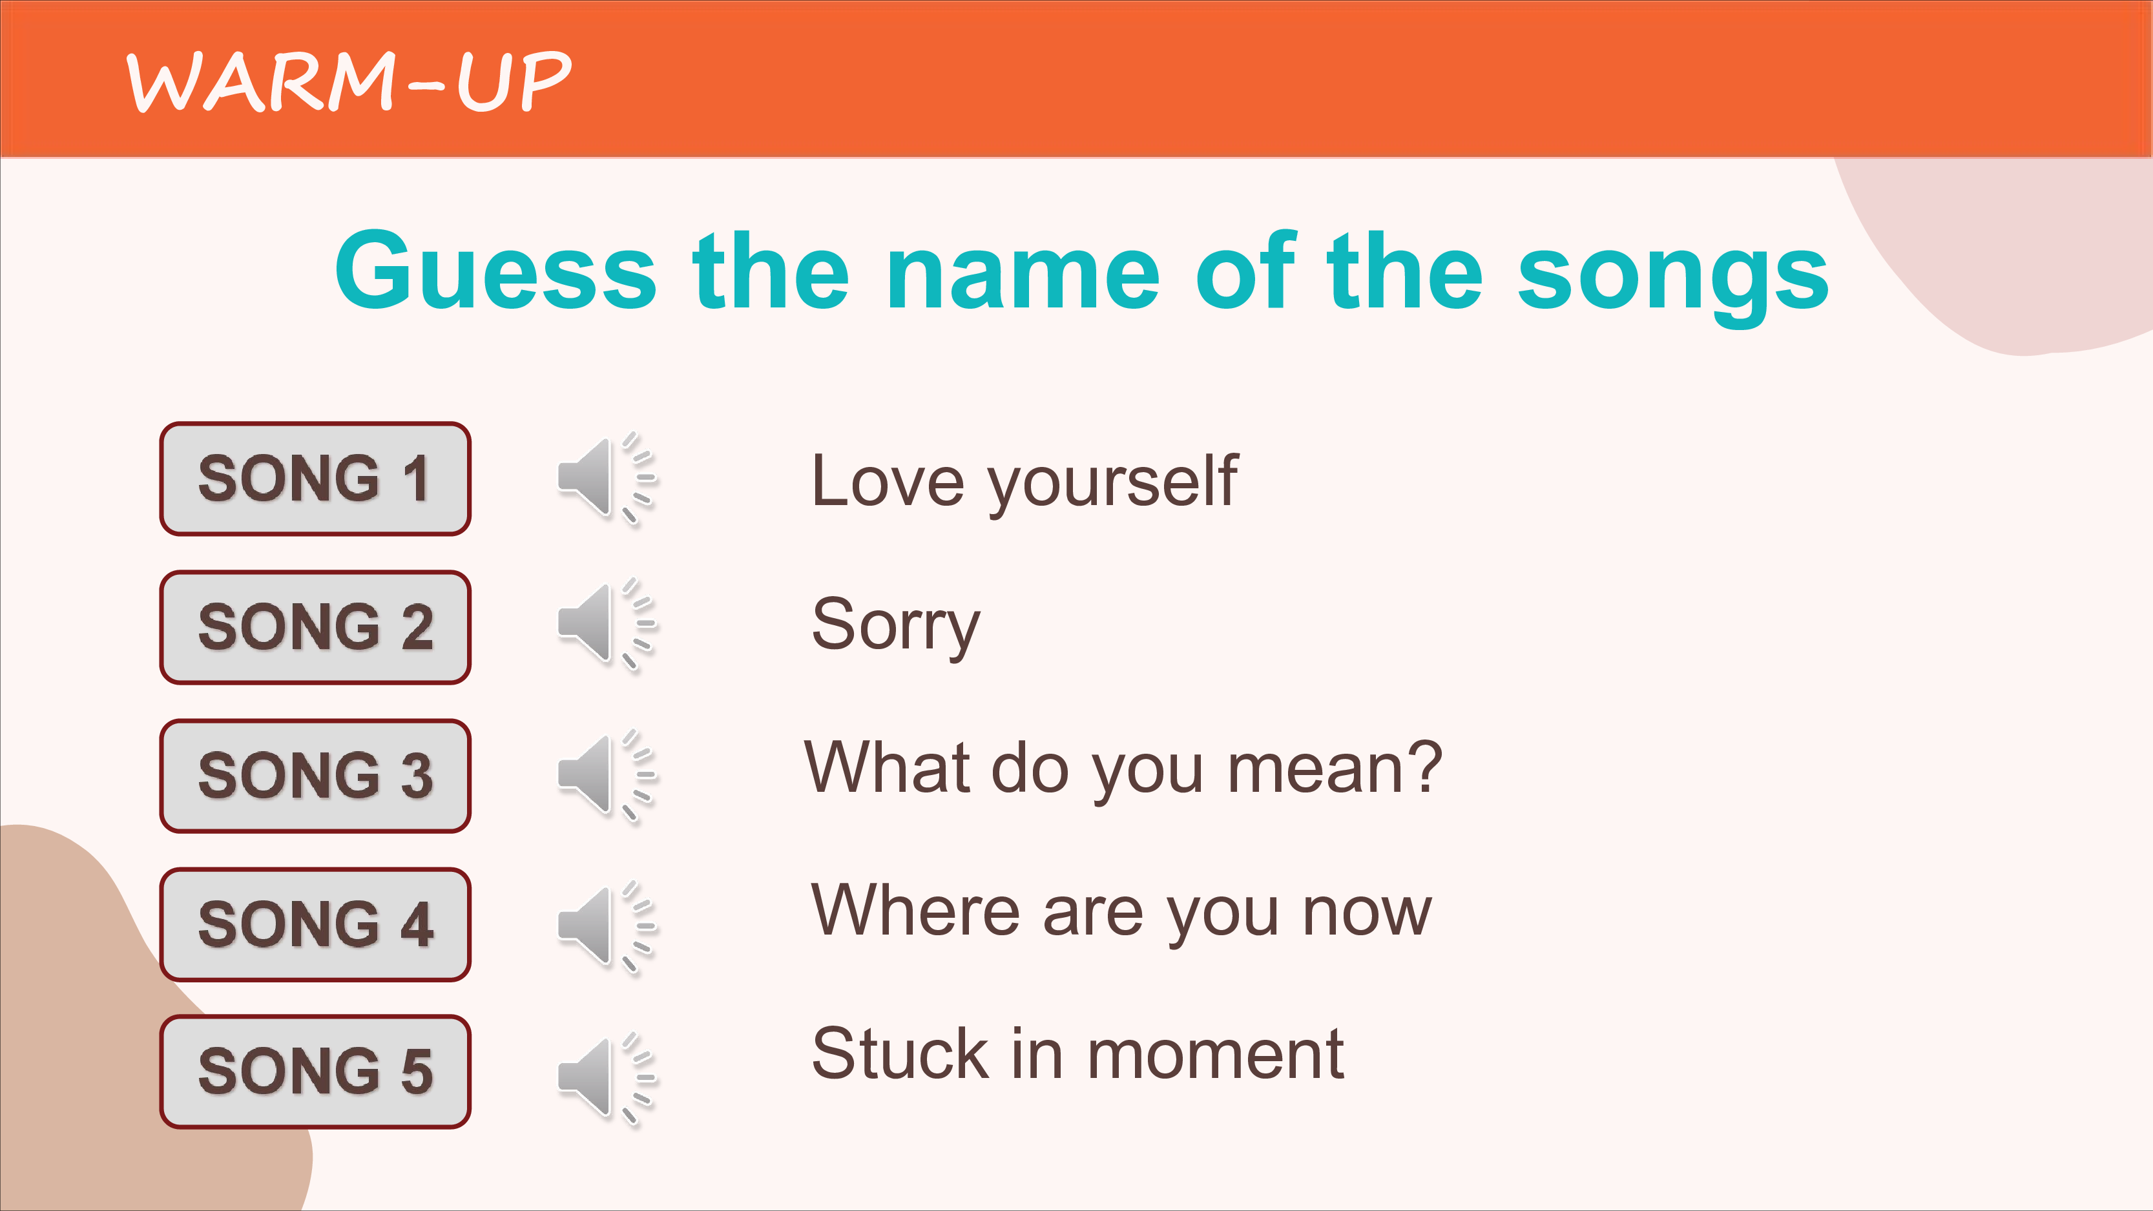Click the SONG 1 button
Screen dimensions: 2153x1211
(x=315, y=479)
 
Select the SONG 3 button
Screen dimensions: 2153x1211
(x=315, y=776)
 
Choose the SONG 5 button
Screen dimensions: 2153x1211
(x=315, y=1071)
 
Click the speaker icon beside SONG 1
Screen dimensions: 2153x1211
(x=607, y=478)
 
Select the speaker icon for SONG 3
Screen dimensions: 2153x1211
(x=607, y=775)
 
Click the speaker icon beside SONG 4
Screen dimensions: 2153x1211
(x=607, y=926)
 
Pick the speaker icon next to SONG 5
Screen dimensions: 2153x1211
(x=607, y=1078)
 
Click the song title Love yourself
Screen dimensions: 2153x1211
(x=1024, y=483)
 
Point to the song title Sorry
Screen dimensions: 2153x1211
(x=895, y=626)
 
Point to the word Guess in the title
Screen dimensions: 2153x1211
(x=495, y=270)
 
